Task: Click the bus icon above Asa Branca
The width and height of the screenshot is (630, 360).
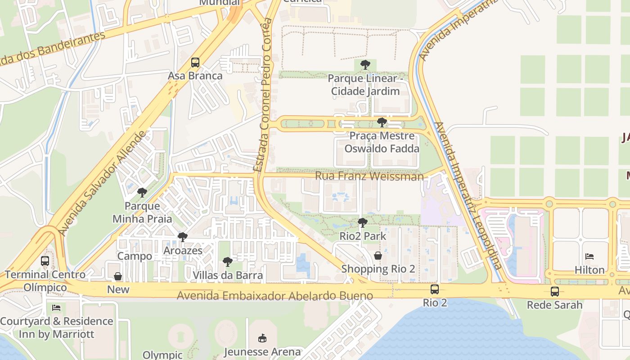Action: coord(195,62)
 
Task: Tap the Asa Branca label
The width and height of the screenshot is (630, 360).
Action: coord(195,76)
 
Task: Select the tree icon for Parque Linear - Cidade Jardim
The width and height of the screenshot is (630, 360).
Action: coord(365,65)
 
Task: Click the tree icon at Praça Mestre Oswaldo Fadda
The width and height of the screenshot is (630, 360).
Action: coord(382,122)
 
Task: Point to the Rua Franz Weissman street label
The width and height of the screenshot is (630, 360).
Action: coord(369,176)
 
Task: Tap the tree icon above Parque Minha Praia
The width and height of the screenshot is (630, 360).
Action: coord(142,193)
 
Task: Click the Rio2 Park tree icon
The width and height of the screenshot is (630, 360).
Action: coord(362,222)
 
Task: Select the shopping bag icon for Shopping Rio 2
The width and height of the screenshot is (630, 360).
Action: coord(378,256)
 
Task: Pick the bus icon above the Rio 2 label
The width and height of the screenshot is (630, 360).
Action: coord(435,289)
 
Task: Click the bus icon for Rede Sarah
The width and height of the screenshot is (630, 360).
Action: coord(555,291)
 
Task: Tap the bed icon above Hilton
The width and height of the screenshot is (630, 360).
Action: coord(589,256)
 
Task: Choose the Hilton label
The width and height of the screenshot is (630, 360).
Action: coord(589,270)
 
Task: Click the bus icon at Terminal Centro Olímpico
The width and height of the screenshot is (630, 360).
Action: coord(45,261)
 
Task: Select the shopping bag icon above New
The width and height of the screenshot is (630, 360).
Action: coord(118,276)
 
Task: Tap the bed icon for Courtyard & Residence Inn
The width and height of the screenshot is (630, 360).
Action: coord(56,308)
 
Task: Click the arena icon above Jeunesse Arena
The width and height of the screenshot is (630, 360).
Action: coord(262,338)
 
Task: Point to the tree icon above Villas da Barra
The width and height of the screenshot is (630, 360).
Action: coord(228,261)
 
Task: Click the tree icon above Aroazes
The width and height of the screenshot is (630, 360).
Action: coord(182,237)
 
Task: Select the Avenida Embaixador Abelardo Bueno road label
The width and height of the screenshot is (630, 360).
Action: coord(274,296)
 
